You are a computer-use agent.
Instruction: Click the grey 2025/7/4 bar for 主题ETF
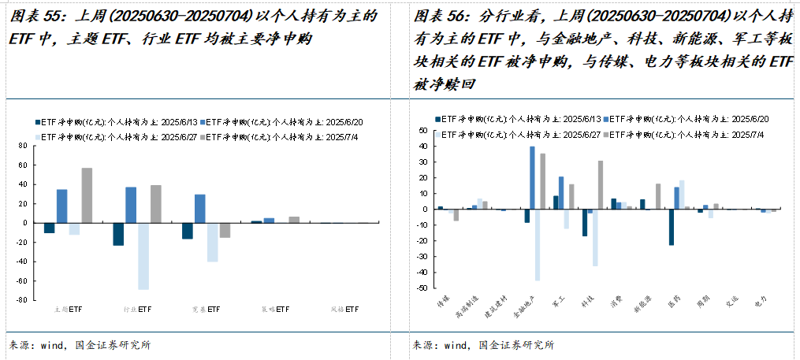(87, 195)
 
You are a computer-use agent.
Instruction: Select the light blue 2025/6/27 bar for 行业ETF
(143, 256)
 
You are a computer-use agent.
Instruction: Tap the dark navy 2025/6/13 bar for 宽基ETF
(188, 230)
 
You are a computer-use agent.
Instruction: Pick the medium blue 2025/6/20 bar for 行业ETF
(131, 205)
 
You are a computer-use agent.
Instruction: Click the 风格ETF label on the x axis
(344, 310)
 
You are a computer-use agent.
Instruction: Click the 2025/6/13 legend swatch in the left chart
(37, 122)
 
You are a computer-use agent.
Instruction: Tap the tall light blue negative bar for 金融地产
(538, 244)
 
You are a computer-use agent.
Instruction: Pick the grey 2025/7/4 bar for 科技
(601, 185)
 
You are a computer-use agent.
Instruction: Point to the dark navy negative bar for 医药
(671, 227)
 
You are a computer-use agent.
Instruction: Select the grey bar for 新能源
(658, 197)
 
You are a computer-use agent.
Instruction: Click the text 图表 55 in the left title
(31, 16)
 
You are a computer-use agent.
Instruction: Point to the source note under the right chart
(482, 344)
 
